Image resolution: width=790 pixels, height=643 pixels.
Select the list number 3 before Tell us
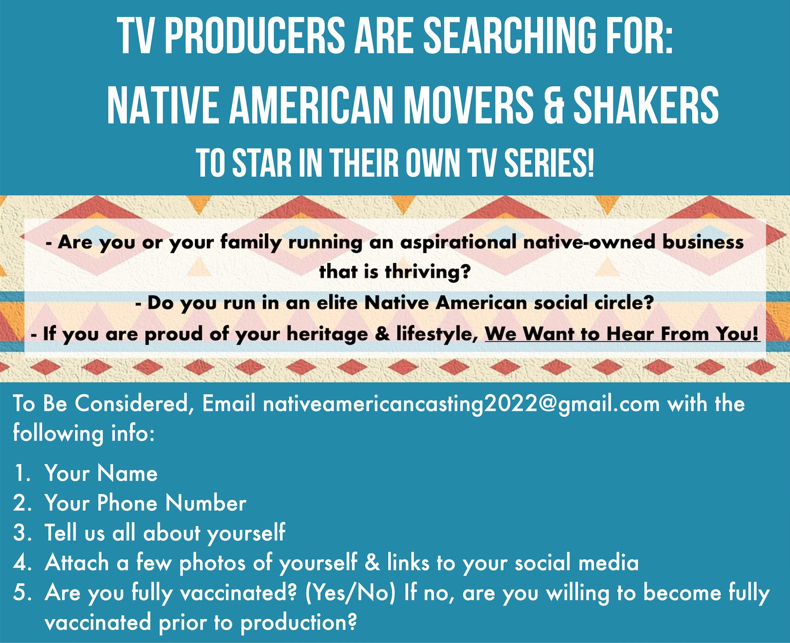click(x=20, y=533)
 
